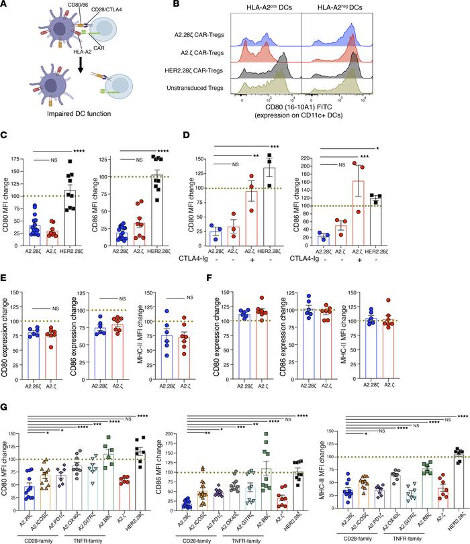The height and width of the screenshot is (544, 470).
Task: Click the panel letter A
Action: click(5, 5)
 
